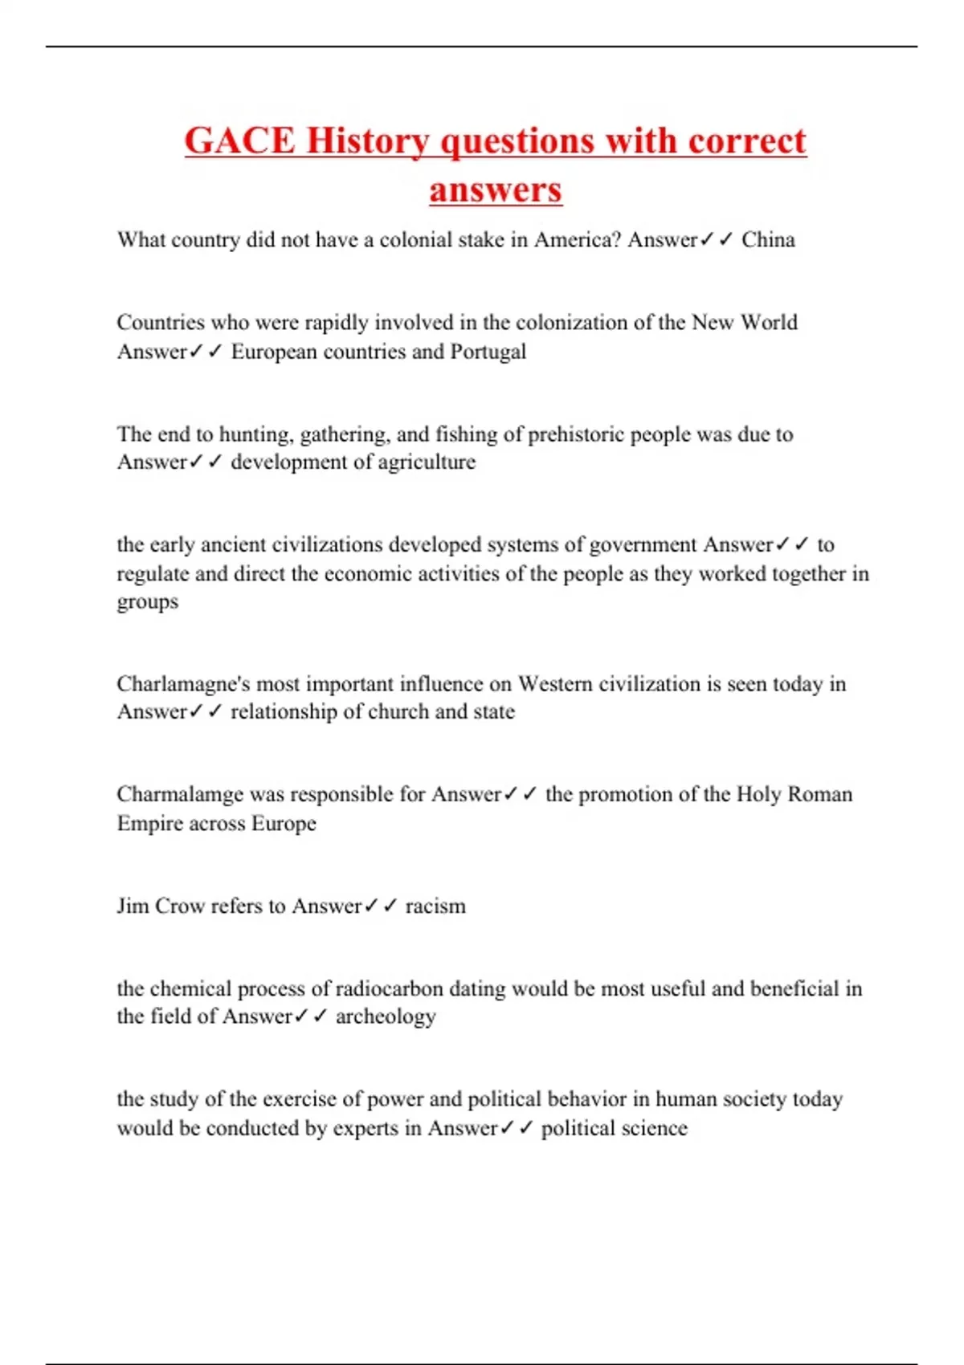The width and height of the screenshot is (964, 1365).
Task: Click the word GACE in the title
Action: pos(239,141)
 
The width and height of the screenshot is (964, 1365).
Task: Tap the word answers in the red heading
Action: pos(495,190)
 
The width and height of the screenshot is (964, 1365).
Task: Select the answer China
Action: pos(768,240)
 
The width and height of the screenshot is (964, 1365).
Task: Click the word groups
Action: pos(148,602)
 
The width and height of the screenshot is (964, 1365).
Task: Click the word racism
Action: pos(435,907)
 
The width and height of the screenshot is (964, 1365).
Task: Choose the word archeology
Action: pos(386,1017)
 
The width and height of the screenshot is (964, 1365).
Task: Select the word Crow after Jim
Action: pos(179,907)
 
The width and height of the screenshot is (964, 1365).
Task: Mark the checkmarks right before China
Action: pos(716,240)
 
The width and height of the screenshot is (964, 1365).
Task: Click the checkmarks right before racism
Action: pos(381,907)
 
